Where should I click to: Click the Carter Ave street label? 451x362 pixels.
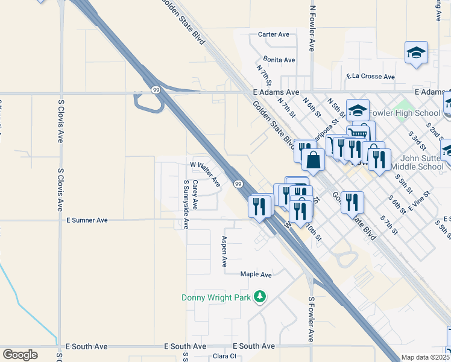tap(275, 34)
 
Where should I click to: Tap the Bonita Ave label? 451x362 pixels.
tap(279, 60)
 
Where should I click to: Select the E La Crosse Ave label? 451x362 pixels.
tap(370, 77)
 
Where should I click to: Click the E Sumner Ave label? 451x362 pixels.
tap(87, 220)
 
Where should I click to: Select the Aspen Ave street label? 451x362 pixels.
tap(224, 251)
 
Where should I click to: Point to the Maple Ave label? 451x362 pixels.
tap(256, 275)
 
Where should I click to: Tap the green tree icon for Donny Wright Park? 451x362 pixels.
tap(260, 296)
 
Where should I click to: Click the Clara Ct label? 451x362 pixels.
tap(224, 356)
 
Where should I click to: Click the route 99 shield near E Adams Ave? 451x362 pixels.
tap(156, 90)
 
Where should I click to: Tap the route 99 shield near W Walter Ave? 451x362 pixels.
tap(238, 183)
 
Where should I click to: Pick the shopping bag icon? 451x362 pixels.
tap(314, 160)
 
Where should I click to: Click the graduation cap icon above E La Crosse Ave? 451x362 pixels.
tap(416, 52)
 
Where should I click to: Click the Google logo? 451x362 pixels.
tap(20, 354)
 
